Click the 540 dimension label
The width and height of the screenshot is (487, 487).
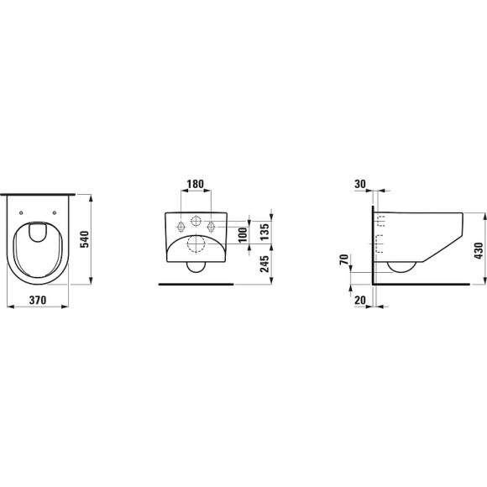point(85,239)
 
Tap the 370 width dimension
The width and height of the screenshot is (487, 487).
point(38,300)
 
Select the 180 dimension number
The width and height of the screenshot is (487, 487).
point(196,184)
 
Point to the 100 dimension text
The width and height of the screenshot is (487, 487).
point(243,234)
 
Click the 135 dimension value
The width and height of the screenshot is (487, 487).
point(264,232)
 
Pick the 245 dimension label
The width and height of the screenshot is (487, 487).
point(264,264)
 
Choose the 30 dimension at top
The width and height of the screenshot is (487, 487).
point(360,184)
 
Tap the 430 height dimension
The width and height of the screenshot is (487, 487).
point(479,250)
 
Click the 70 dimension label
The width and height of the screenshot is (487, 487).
point(343,259)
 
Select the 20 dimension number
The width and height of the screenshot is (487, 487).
point(360,300)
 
